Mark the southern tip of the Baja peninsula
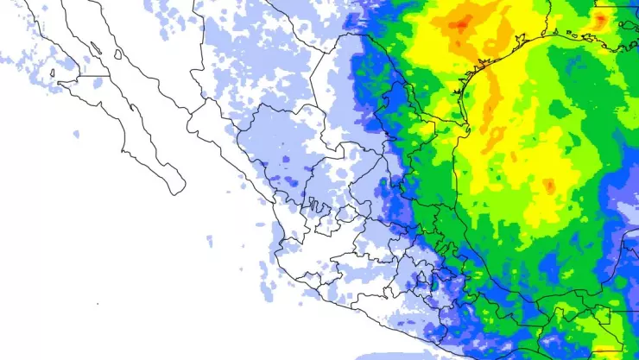(176, 190)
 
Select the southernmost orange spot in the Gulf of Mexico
(549, 185)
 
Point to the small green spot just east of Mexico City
(434, 282)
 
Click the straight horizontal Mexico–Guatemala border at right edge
(596, 310)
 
